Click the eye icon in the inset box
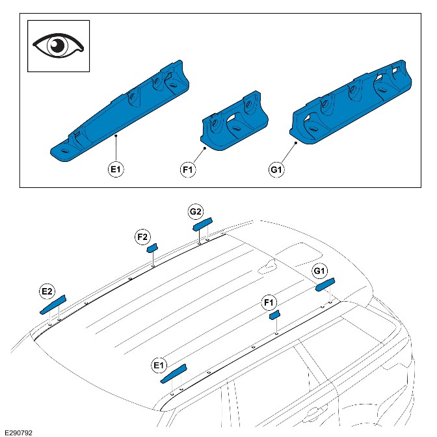59,46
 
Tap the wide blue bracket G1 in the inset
351,104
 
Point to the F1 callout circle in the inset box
188,170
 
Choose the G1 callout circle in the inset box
276,170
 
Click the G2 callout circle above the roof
196,211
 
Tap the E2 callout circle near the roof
47,292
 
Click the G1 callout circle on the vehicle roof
320,271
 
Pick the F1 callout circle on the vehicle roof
269,302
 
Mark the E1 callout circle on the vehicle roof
159,365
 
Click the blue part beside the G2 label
202,225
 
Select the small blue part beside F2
153,247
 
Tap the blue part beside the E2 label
53,304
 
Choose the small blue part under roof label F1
275,314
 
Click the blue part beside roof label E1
174,371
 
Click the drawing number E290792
18,431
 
